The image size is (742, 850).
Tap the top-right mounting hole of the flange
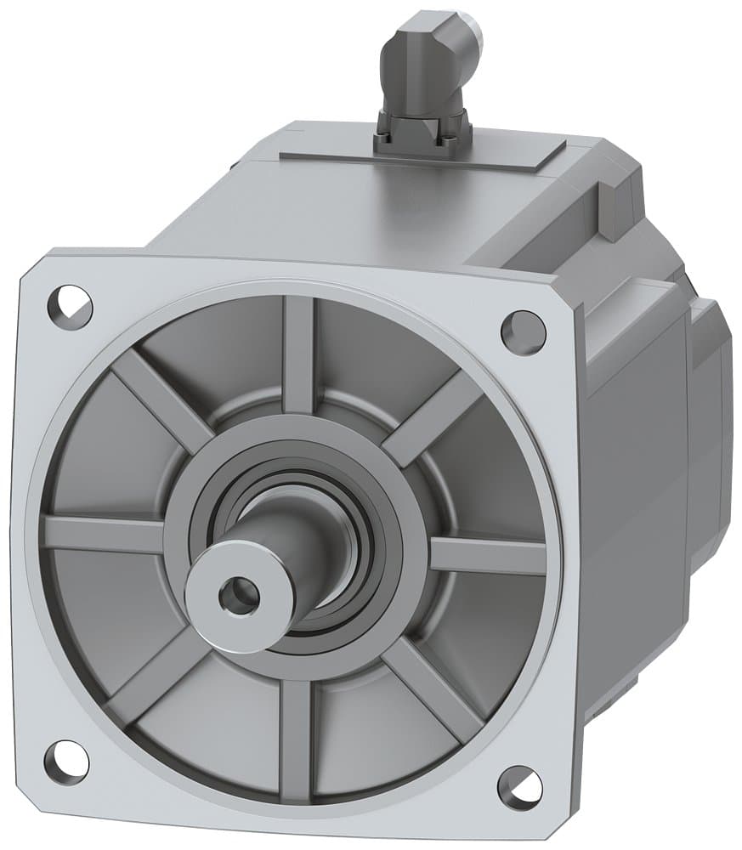[x=523, y=332]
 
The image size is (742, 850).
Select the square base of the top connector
[x=422, y=133]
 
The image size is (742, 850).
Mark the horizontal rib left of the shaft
[x=102, y=533]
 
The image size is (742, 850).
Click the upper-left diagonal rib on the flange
[x=161, y=400]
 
